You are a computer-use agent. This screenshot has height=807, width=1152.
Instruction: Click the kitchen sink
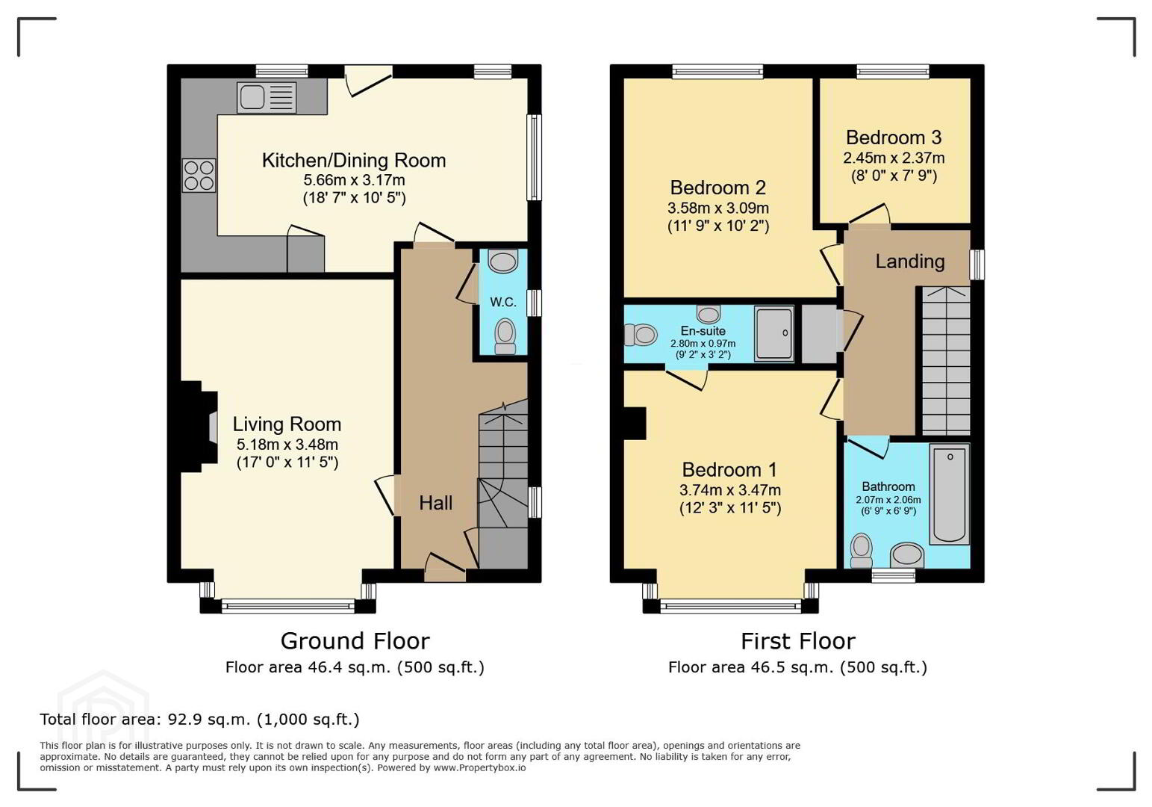(x=267, y=97)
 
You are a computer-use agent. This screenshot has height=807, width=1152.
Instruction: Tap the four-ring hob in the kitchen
(x=199, y=176)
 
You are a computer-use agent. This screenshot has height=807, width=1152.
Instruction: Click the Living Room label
(x=287, y=424)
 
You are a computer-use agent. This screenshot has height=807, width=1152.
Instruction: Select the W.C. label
(x=503, y=302)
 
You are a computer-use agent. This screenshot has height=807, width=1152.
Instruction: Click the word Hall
(x=435, y=503)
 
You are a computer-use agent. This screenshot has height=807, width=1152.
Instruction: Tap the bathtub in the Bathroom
(x=950, y=494)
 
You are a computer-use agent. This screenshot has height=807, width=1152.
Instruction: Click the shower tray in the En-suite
(x=774, y=334)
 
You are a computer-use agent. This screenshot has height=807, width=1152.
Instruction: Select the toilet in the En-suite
(x=641, y=335)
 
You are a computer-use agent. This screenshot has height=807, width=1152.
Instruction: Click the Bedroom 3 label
(x=894, y=137)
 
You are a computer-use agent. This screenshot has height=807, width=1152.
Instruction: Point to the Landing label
(x=910, y=262)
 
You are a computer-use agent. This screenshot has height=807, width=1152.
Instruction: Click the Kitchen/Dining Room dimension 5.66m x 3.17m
(x=354, y=180)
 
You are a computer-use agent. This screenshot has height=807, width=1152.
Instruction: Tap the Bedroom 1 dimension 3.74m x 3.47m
(x=730, y=490)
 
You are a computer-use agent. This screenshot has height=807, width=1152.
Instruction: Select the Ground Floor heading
(x=355, y=641)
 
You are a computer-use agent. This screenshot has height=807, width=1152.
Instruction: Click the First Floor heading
(x=797, y=641)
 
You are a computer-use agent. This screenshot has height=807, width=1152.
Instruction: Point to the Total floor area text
(x=199, y=719)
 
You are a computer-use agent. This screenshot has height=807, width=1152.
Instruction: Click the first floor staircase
(x=946, y=361)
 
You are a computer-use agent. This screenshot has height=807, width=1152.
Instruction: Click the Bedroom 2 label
(x=718, y=188)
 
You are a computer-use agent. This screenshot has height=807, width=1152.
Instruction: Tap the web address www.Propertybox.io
(x=479, y=768)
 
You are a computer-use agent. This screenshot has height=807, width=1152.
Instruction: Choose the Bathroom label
(x=888, y=486)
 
